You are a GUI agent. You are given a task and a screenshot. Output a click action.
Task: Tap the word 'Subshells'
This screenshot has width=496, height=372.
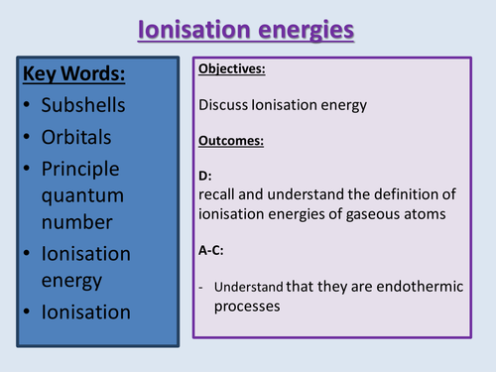(x=86, y=104)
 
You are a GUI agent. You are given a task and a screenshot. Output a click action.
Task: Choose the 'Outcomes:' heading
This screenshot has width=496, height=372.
(x=231, y=140)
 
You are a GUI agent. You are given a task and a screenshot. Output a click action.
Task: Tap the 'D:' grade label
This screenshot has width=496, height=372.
(x=205, y=176)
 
